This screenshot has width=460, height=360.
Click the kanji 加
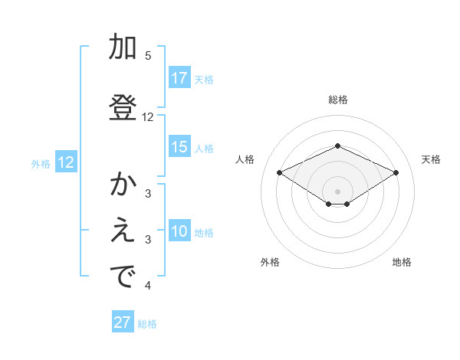123,47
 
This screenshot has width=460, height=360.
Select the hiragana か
123,185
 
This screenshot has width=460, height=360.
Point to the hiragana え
123,232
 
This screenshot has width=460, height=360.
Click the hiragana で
123,278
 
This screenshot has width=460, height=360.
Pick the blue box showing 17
179,78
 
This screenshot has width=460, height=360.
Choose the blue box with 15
179,148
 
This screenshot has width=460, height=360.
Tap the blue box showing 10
179,232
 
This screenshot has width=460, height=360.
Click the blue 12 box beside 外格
65,162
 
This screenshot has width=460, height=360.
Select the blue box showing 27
123,322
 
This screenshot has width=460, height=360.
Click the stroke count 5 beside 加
148,56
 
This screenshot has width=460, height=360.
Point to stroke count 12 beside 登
148,117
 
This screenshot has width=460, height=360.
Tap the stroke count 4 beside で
148,286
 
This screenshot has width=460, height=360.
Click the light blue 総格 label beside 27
147,324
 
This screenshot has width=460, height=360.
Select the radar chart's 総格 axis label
337,100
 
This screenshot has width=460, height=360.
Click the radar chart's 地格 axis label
402,262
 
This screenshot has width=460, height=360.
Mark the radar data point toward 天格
396,172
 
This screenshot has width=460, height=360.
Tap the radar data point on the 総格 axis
337,146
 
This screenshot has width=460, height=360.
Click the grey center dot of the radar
337,191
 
